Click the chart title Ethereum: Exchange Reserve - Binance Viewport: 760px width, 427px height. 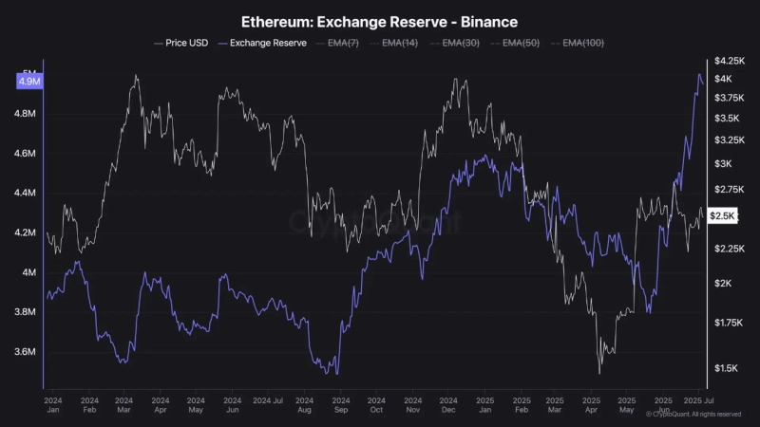coord(379,20)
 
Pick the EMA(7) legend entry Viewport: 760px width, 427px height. coord(343,43)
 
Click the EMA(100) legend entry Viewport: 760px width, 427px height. coord(583,43)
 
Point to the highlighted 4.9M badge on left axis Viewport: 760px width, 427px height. coord(28,82)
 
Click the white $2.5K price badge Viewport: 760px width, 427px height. coord(723,216)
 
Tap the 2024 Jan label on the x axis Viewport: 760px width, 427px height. coord(53,405)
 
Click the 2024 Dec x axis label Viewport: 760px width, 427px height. coord(448,405)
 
